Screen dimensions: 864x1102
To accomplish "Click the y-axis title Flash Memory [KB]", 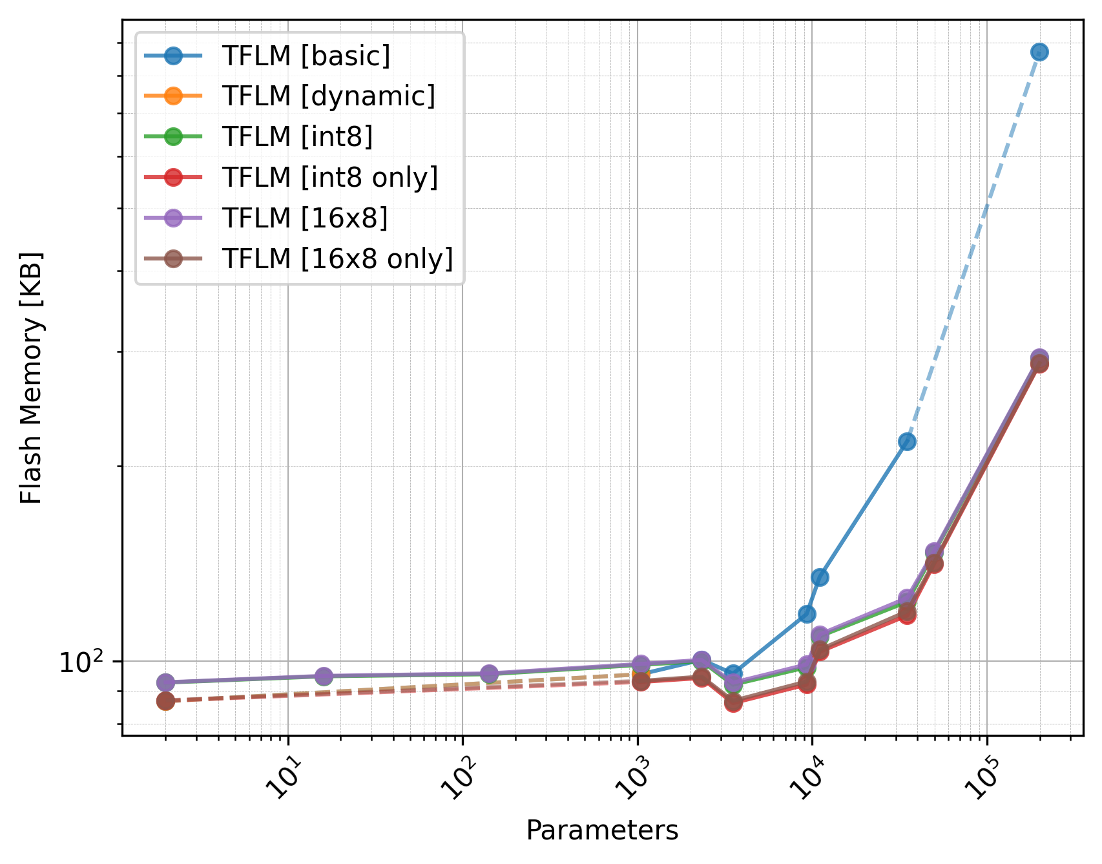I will click(x=31, y=377).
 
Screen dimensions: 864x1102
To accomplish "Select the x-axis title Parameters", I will click(x=602, y=830).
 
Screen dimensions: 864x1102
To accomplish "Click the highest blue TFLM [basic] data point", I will click(x=1039, y=52).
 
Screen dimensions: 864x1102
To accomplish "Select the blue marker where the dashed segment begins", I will click(x=907, y=441).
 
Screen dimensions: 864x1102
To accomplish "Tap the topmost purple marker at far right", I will click(x=1039, y=358).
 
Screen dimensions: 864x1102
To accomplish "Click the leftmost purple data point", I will click(x=165, y=682).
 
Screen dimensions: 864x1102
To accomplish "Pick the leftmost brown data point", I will click(x=165, y=701).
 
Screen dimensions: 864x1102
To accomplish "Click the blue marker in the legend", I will click(x=173, y=56).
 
